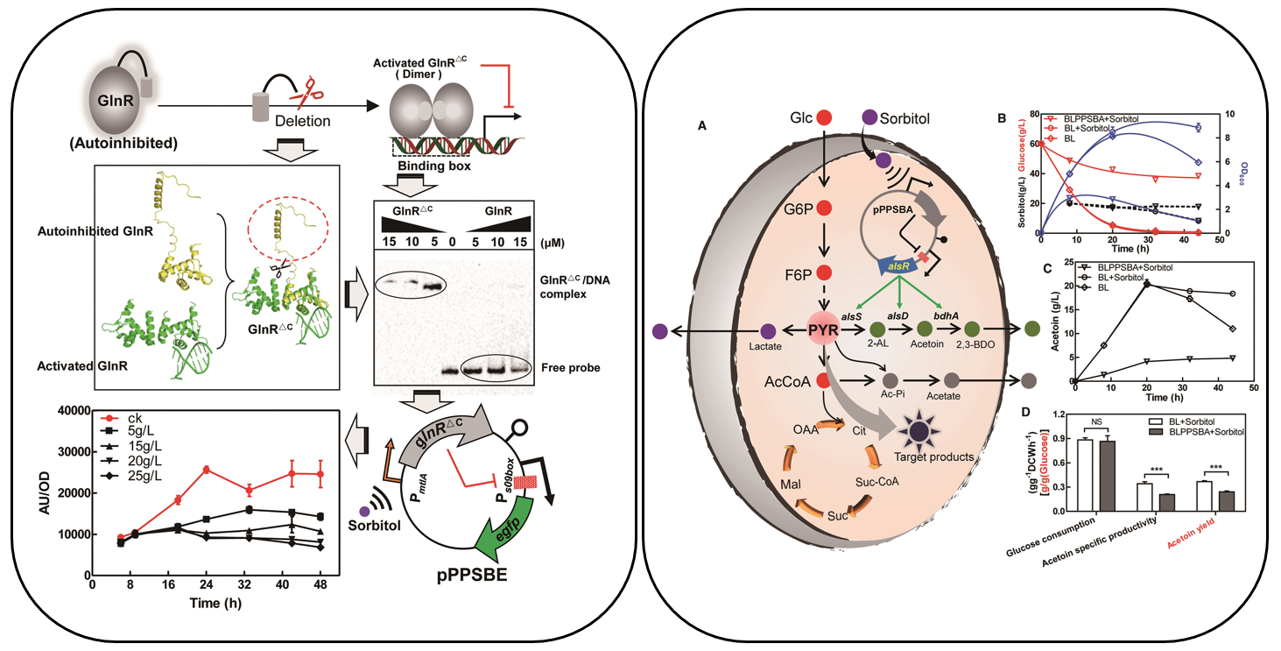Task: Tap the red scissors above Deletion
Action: pyautogui.click(x=310, y=88)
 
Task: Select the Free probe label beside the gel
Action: pyautogui.click(x=571, y=367)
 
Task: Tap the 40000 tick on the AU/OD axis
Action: pyautogui.click(x=67, y=412)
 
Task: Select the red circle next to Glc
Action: pyautogui.click(x=823, y=117)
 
